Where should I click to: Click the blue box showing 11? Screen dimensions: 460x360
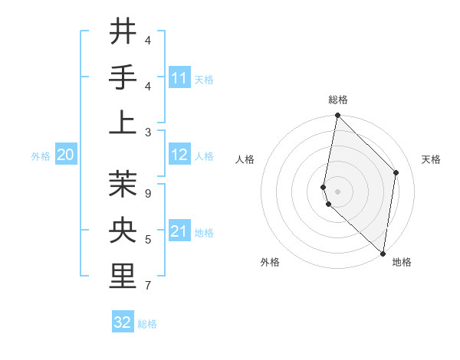pyautogui.click(x=179, y=78)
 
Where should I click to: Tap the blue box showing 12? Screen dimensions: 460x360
pyautogui.click(x=179, y=155)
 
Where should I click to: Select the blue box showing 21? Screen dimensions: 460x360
pyautogui.click(x=179, y=231)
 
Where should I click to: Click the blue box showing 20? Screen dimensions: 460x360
pyautogui.click(x=65, y=155)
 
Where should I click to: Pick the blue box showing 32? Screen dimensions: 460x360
pyautogui.click(x=123, y=322)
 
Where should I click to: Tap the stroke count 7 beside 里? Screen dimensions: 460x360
pyautogui.click(x=147, y=286)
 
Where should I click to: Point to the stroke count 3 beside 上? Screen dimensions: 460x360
pyautogui.click(x=147, y=131)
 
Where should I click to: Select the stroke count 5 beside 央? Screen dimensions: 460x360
pyautogui.click(x=147, y=241)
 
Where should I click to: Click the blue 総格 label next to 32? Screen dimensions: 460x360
pyautogui.click(x=147, y=324)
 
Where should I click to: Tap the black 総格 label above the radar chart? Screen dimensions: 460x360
pyautogui.click(x=338, y=100)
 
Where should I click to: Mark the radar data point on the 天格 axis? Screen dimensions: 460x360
pyautogui.click(x=396, y=172)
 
